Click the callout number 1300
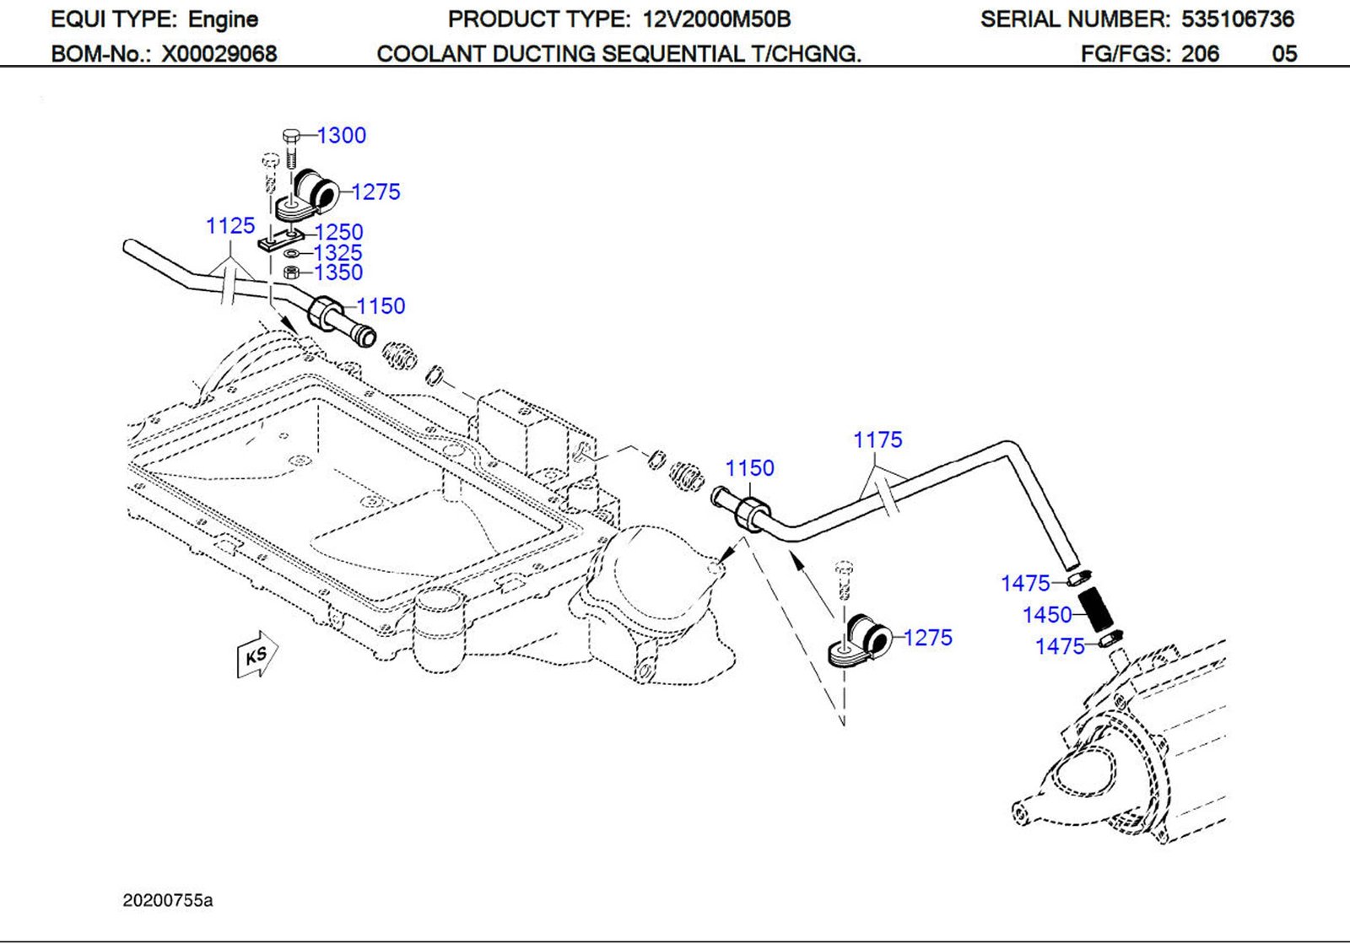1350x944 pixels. coord(342,136)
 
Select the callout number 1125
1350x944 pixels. coord(230,226)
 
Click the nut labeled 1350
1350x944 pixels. coord(290,272)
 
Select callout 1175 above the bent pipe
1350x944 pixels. coord(877,440)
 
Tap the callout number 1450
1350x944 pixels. coord(1047,615)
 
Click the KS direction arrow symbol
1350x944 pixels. coord(256,655)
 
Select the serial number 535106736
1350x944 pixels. coord(1237,19)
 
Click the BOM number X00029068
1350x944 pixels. coord(219,54)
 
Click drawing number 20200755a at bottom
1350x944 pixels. coord(168,901)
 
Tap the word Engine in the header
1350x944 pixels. coord(223,19)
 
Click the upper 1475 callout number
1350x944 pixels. coord(1025,584)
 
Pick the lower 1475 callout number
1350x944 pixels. coord(1060,647)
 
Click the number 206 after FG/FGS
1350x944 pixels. coord(1200,54)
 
